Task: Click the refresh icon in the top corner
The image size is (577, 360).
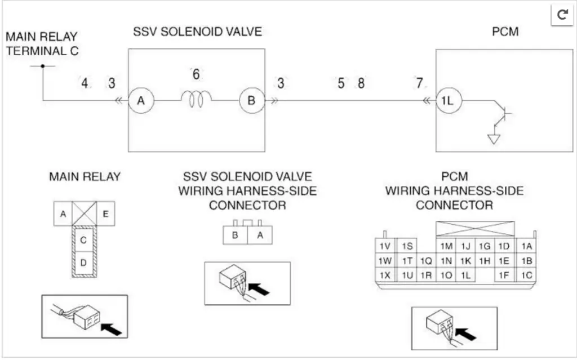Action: point(562,15)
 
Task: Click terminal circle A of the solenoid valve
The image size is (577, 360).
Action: point(140,101)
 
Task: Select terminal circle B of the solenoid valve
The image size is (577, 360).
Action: point(251,101)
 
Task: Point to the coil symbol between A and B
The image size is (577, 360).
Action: point(196,99)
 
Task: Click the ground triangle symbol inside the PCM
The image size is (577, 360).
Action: point(494,139)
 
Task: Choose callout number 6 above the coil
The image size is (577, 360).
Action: point(196,74)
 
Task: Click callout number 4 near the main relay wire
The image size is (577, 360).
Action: point(85,83)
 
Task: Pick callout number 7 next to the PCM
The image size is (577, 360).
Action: point(419,83)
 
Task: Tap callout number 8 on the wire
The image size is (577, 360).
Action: point(361,83)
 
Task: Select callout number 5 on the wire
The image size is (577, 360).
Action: point(341,83)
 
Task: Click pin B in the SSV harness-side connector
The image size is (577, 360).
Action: point(235,235)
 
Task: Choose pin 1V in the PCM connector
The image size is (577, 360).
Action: point(385,246)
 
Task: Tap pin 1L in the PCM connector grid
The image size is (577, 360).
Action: point(465,275)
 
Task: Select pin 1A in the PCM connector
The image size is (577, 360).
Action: point(527,246)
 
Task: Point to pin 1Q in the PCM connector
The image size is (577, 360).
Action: point(426,261)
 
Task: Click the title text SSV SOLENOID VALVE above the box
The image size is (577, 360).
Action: point(197,32)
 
